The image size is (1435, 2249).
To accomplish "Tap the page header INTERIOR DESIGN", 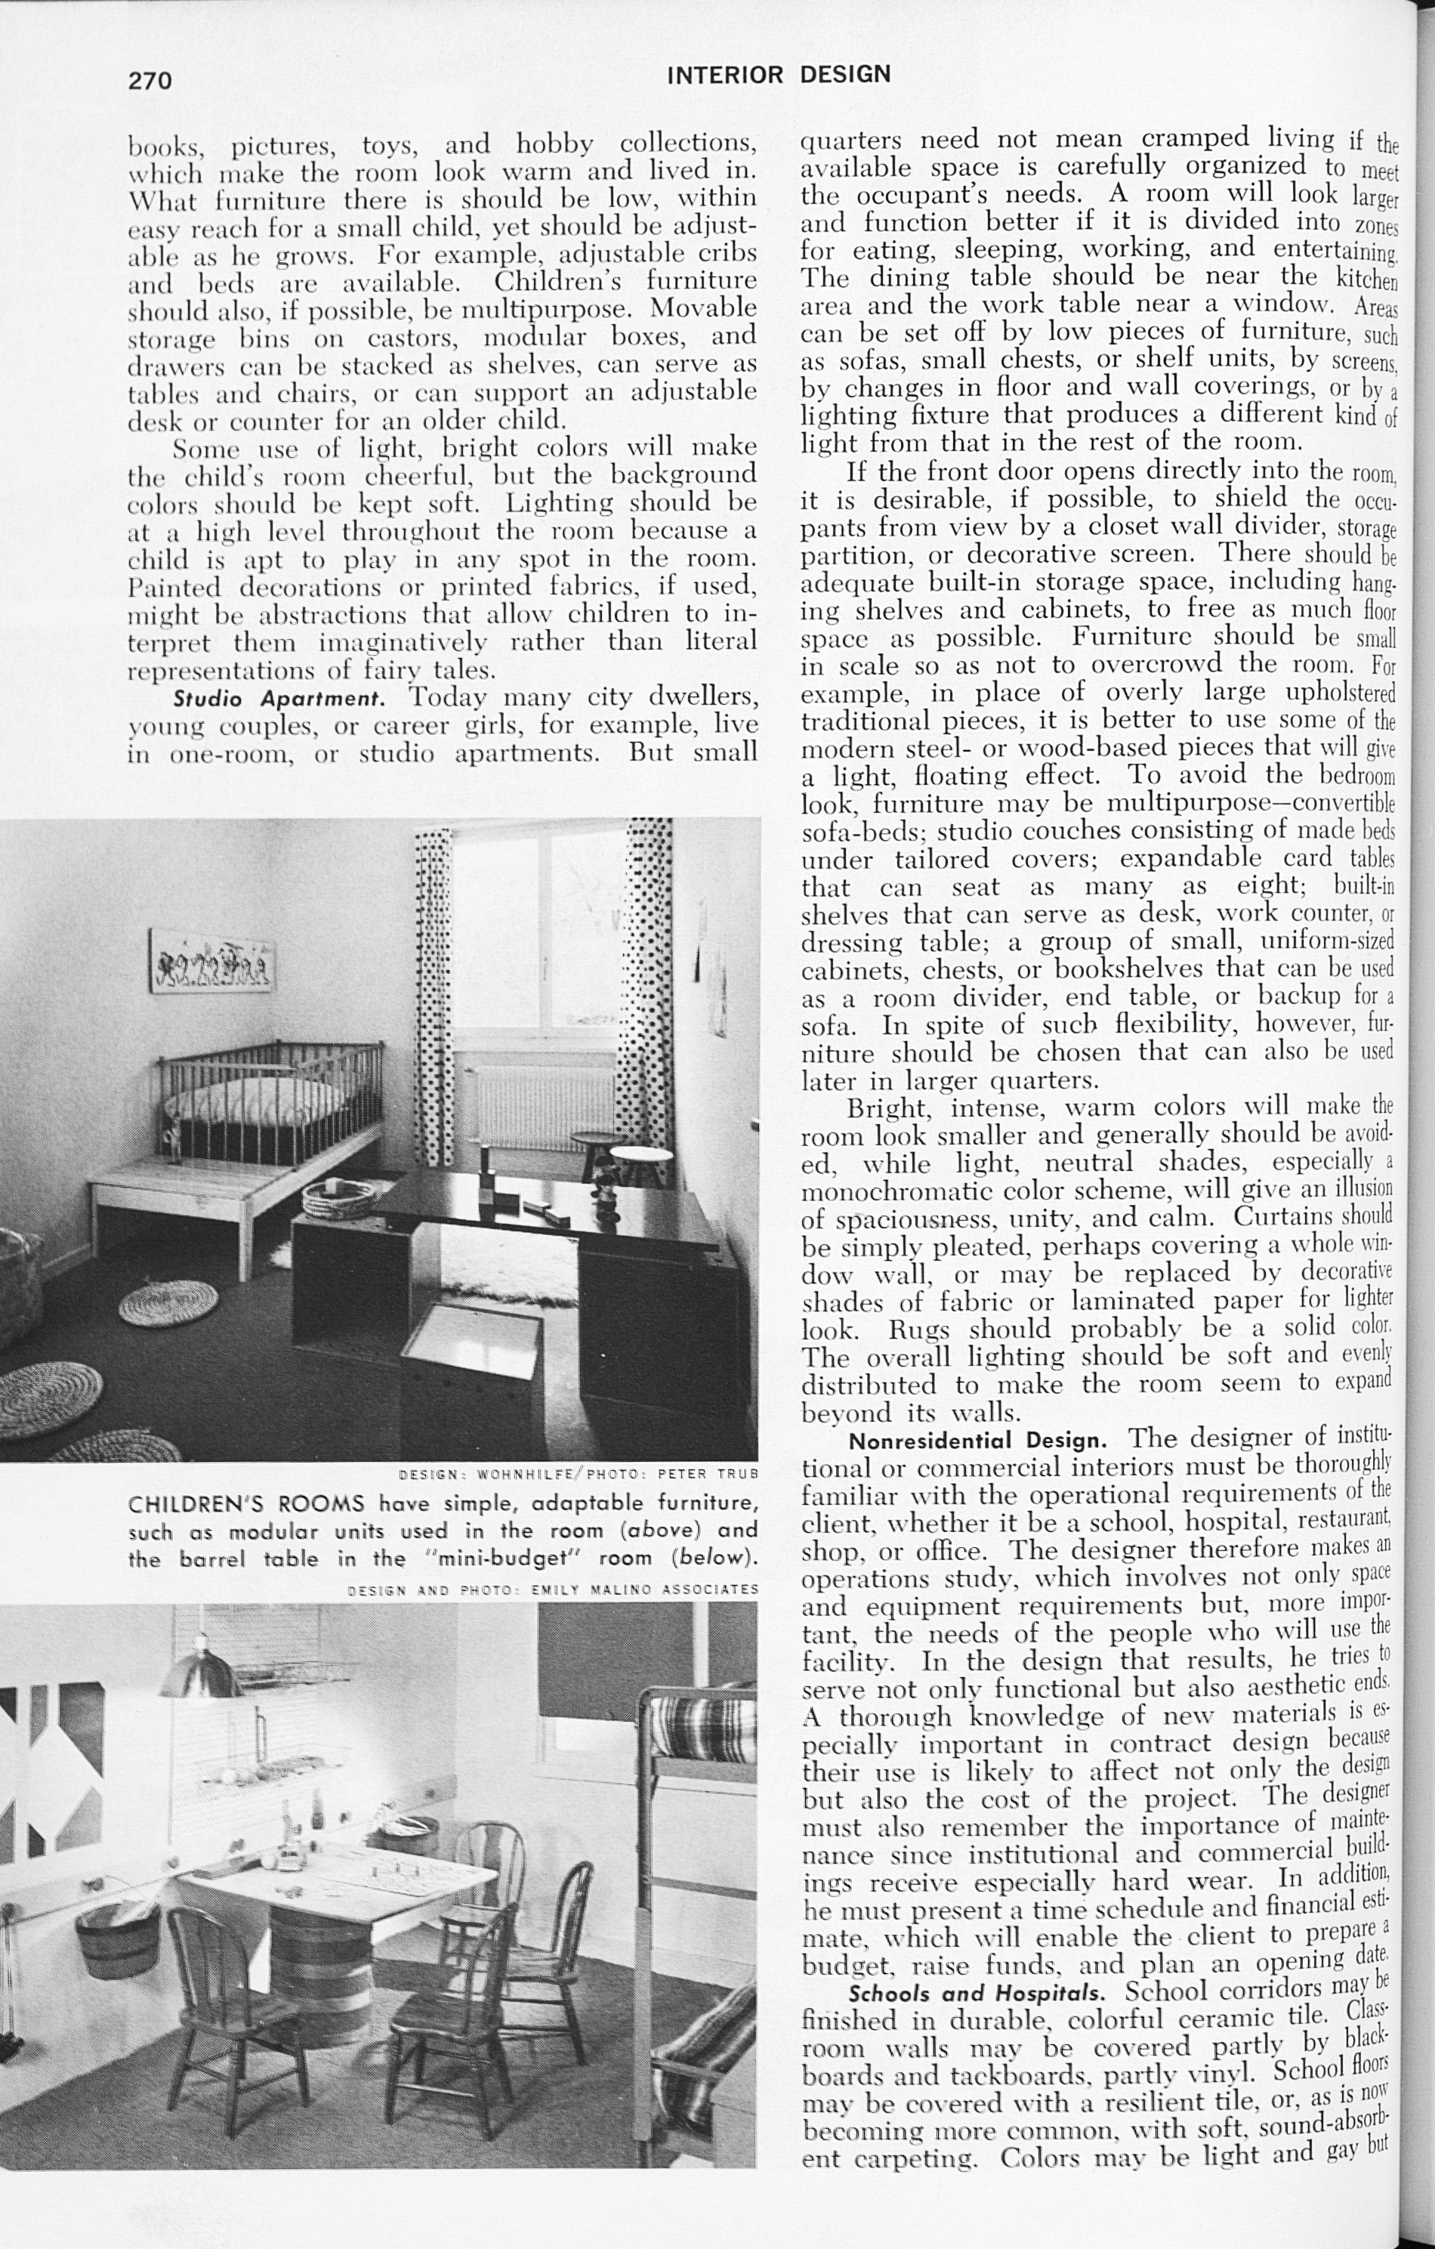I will [x=779, y=75].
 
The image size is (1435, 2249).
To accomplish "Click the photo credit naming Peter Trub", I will [x=578, y=1475].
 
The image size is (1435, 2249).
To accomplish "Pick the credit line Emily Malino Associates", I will [x=553, y=1588].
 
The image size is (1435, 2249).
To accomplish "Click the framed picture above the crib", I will [x=212, y=960].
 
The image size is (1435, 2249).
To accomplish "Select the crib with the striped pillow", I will [x=270, y=1102].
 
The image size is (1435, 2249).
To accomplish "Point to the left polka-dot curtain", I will [x=435, y=990].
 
